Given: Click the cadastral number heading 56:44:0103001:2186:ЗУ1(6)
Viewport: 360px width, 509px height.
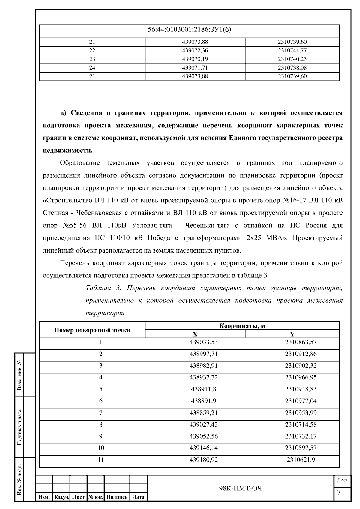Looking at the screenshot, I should click(x=189, y=30).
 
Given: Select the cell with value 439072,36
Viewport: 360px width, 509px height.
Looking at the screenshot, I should click(x=195, y=50).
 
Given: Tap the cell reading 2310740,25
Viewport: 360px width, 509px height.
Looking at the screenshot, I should click(x=292, y=59).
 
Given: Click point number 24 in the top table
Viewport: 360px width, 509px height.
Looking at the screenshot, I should click(x=92, y=68).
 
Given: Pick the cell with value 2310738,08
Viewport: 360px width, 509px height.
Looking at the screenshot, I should click(x=292, y=68).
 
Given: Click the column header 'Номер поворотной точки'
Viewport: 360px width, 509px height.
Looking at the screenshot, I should click(x=92, y=330).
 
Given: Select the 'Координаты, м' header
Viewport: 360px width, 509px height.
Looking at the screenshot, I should click(x=242, y=326).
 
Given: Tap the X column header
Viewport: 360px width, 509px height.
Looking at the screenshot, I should click(x=195, y=334).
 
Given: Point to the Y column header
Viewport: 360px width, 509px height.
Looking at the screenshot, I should click(x=292, y=334).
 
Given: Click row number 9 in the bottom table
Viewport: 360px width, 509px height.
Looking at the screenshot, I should click(x=101, y=436).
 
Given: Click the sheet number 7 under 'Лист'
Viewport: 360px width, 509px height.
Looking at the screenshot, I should click(x=339, y=493).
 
